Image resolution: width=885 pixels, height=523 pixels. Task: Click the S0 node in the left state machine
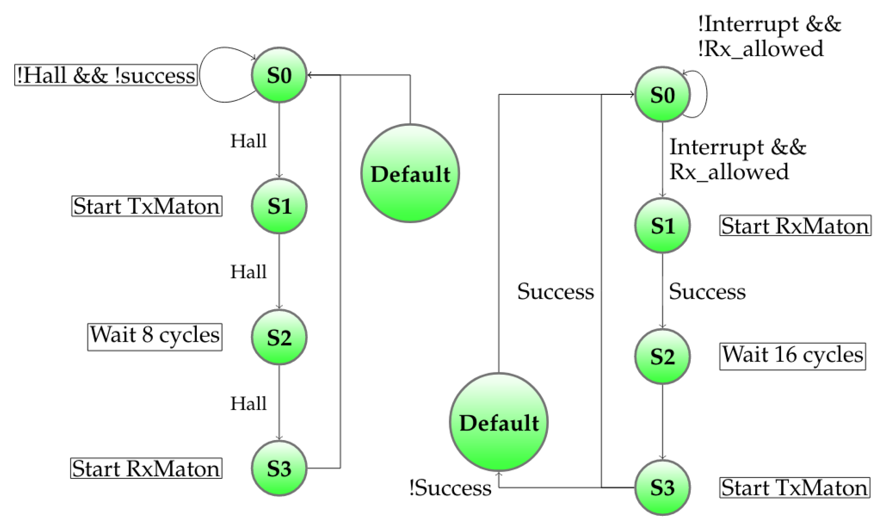click(x=279, y=75)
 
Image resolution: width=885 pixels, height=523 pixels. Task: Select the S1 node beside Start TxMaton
click(x=279, y=206)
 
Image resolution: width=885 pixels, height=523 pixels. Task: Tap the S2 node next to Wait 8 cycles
click(x=279, y=337)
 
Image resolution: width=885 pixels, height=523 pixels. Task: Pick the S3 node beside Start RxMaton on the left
click(x=279, y=468)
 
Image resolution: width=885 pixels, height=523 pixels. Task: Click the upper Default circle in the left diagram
click(x=410, y=173)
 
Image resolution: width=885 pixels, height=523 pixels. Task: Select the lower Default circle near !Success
click(x=499, y=422)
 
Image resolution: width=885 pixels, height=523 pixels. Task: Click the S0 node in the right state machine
click(x=662, y=95)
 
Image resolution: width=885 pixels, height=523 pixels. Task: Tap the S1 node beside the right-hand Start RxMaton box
click(x=662, y=225)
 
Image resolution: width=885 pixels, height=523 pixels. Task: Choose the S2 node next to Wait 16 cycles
click(x=662, y=356)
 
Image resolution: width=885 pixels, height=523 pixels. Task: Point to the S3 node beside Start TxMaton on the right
click(x=662, y=488)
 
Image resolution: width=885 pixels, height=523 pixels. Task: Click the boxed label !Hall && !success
click(x=106, y=75)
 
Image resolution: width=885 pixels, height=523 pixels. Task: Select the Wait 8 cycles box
click(x=155, y=337)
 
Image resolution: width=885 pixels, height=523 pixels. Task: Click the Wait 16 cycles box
click(x=792, y=356)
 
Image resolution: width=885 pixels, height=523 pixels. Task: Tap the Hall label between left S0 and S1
click(x=248, y=141)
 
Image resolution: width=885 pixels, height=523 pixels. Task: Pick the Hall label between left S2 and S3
click(x=248, y=404)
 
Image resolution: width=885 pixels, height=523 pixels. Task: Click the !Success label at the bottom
click(x=450, y=488)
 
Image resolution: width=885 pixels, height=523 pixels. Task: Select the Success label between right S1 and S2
click(x=707, y=292)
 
